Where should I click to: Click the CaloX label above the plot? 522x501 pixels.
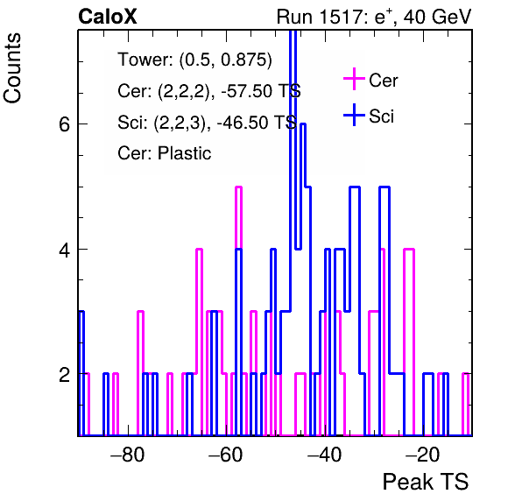(x=108, y=17)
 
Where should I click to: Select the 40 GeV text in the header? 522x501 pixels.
(x=437, y=17)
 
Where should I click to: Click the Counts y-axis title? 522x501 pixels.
(x=12, y=68)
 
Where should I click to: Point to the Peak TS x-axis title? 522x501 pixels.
(x=426, y=482)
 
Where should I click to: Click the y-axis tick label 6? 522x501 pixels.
(x=65, y=124)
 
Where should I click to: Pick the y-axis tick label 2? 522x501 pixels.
(x=65, y=375)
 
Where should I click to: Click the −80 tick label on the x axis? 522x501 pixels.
(x=128, y=454)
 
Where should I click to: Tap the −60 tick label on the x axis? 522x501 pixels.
(x=226, y=454)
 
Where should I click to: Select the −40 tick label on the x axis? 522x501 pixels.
(x=324, y=454)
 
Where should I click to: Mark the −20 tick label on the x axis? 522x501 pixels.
(x=423, y=454)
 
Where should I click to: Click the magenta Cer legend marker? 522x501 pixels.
(x=354, y=79)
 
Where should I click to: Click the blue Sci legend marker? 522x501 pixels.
(x=354, y=116)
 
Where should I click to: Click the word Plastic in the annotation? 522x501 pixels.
(x=185, y=153)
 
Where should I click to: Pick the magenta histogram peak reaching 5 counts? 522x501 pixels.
(x=238, y=187)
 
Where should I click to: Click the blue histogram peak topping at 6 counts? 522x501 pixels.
(x=303, y=124)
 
